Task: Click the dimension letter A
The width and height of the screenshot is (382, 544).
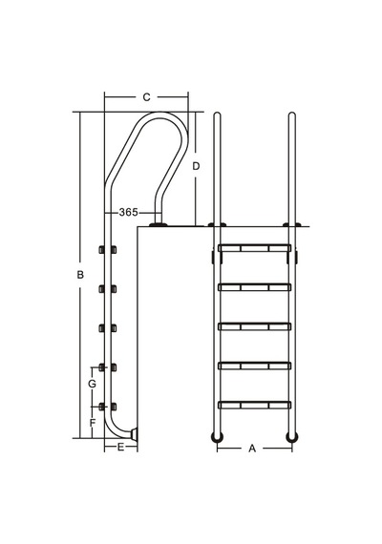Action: tap(252, 449)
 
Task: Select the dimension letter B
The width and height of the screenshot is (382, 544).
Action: tap(80, 275)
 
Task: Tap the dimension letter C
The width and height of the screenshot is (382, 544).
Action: tap(146, 97)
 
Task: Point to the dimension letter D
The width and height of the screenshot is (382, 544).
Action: tap(196, 166)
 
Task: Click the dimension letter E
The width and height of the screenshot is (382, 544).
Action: tap(120, 448)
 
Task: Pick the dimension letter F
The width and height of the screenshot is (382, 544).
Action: tap(92, 423)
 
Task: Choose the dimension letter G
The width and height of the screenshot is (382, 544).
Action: tap(92, 384)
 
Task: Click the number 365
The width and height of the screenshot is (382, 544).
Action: tap(129, 212)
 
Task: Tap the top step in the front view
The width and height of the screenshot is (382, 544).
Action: tap(254, 248)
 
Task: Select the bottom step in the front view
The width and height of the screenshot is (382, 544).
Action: tap(254, 405)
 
